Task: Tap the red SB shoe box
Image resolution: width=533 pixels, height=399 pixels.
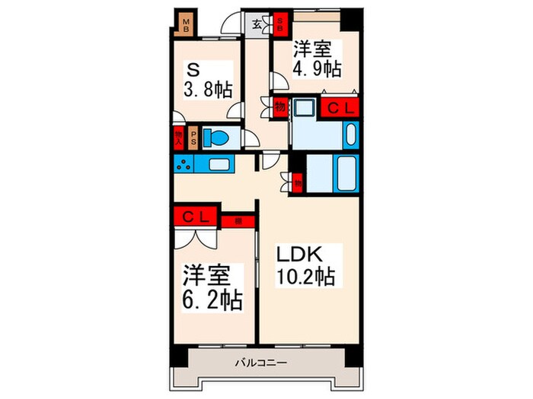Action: pos(280,23)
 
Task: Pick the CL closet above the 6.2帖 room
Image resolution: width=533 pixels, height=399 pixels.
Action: pos(196,216)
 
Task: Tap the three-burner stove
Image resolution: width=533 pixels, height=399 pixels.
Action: pos(184,163)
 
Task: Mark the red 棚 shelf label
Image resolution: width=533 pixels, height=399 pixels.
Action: pos(238,221)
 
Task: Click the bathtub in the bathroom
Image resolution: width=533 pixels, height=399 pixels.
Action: pos(346,175)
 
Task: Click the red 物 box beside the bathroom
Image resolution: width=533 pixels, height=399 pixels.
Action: pos(297,182)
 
